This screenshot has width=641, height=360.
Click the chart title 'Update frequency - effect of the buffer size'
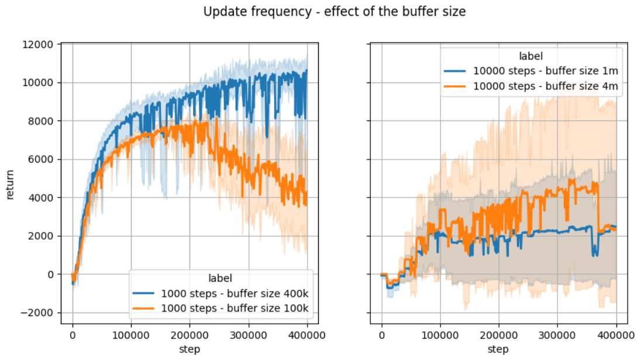334,12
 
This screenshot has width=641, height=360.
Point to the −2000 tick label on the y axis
39,313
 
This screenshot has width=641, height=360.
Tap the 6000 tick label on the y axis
43,160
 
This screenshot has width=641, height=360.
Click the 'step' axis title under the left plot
190,349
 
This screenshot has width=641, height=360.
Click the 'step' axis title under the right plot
498,349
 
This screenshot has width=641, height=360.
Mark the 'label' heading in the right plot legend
530,57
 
